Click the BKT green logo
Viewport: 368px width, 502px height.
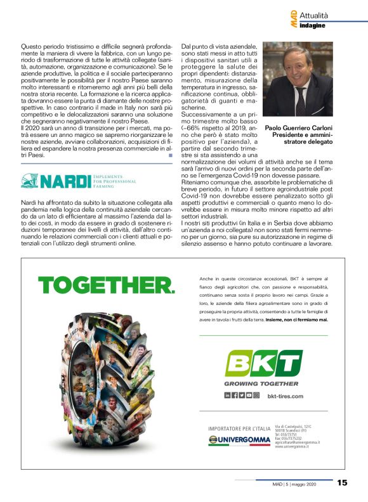point(263,364)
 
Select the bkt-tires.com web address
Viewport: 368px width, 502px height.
point(286,396)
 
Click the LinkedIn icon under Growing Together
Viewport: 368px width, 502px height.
point(228,396)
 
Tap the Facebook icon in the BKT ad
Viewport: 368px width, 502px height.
point(235,396)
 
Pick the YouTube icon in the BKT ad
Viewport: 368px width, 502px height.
point(249,396)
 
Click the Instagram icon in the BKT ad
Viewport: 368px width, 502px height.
point(256,396)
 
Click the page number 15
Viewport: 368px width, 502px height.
point(342,483)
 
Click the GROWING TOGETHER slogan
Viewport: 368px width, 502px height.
point(261,383)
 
